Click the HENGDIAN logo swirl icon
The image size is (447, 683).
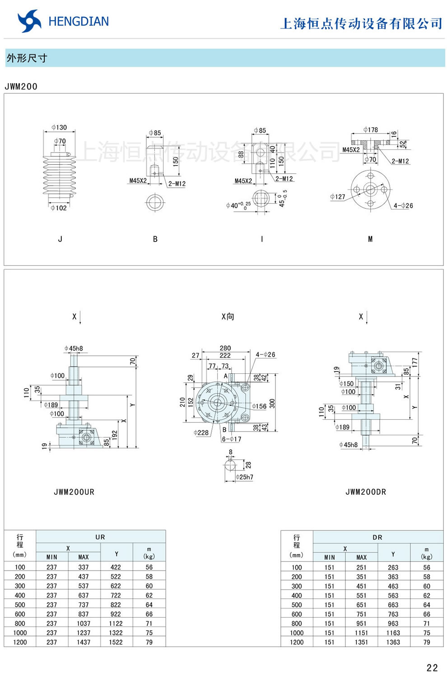point(29,21)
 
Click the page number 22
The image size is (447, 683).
point(432,668)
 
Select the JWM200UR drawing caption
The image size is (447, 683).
point(74,492)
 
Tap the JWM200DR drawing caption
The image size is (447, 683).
point(366,492)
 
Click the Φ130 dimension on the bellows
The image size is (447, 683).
point(59,128)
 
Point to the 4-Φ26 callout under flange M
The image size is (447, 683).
point(403,206)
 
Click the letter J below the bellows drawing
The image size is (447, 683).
point(60,239)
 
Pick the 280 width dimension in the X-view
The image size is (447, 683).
point(225,348)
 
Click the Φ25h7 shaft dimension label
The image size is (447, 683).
point(244,477)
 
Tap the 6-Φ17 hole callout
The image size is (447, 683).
point(232,439)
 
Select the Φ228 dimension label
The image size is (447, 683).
point(201,432)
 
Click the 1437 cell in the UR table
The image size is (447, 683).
point(84,642)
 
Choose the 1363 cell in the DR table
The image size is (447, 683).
point(393,642)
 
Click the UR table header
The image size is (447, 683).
point(100,537)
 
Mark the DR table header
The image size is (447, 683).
point(377,538)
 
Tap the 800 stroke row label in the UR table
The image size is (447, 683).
point(20,623)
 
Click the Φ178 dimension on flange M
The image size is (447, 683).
point(371,130)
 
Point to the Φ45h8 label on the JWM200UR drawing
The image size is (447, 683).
point(74,348)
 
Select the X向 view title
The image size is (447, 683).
point(228,317)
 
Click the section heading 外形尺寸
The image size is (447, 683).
point(27,58)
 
